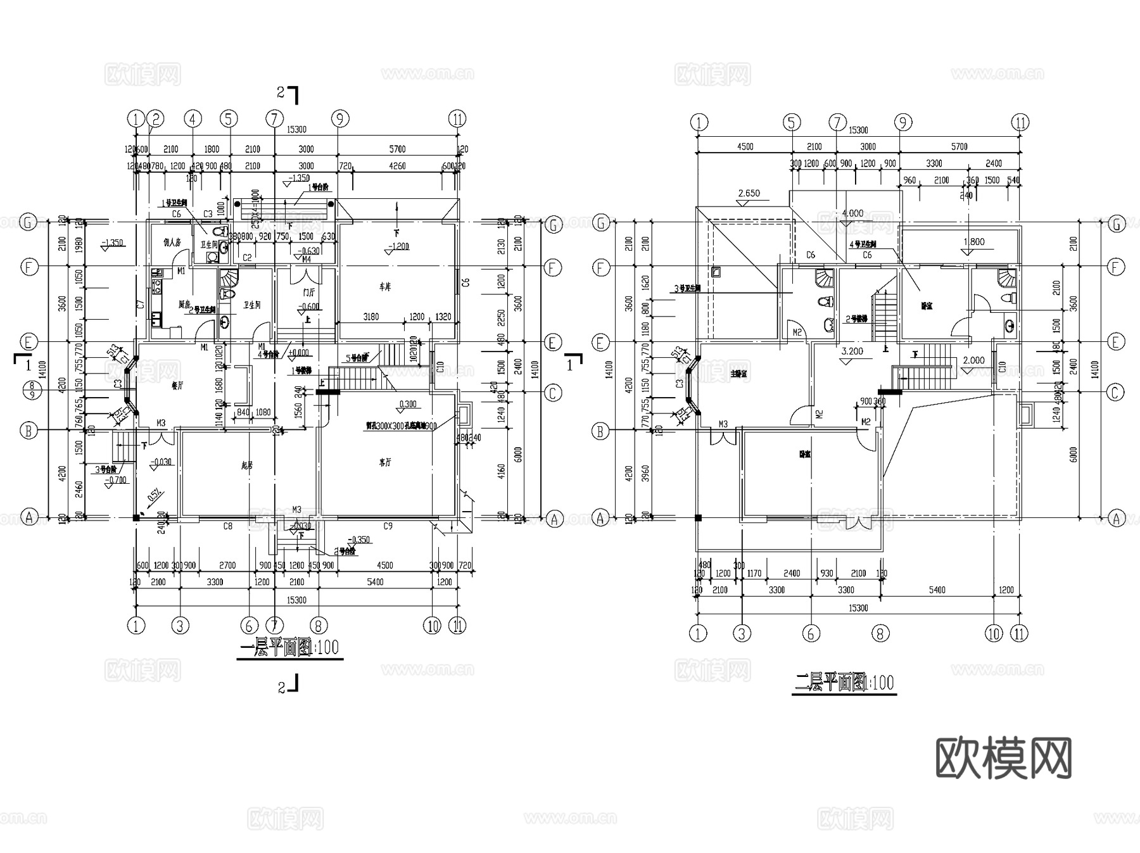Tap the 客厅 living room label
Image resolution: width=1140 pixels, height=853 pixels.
pos(384,463)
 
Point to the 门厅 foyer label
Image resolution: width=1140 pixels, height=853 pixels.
pos(308,293)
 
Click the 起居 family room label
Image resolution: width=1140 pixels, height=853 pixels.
pos(247,465)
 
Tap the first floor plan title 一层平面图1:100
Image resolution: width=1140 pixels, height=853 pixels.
pos(290,648)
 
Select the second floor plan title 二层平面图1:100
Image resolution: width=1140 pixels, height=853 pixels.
pos(844,683)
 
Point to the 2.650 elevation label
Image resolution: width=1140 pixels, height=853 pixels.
pos(749,193)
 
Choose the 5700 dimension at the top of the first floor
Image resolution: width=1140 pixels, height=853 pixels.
pos(396,149)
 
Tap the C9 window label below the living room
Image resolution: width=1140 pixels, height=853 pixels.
pos(388,526)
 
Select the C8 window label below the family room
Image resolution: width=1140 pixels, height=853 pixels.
pos(227,526)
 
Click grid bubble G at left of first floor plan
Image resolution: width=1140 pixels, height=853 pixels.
pos(28,223)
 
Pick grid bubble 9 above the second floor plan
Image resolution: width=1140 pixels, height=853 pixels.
pos(902,122)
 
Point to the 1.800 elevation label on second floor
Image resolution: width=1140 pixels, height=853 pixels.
pos(973,241)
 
